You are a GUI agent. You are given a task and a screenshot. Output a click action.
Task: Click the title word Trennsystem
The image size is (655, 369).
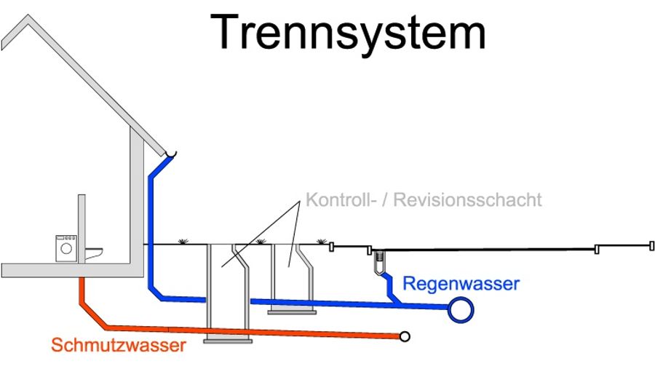(x=350, y=33)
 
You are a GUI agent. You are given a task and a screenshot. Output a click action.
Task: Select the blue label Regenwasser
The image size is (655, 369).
(x=461, y=283)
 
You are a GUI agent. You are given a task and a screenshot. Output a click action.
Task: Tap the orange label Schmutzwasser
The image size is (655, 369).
(x=118, y=345)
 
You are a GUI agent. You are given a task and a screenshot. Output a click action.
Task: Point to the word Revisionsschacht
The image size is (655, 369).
(x=467, y=199)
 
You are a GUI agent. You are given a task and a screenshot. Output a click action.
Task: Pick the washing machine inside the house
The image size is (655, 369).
(x=66, y=247)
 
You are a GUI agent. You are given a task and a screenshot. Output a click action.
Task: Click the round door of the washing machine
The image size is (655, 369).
(x=66, y=249)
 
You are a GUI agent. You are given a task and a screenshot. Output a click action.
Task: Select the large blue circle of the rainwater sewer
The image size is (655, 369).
(x=461, y=309)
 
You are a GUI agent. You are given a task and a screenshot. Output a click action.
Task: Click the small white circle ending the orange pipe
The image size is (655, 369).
(x=405, y=336)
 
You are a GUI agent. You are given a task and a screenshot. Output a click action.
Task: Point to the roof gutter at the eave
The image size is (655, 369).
(x=170, y=154)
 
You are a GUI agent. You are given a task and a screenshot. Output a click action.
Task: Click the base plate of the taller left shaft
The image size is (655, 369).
(x=227, y=338)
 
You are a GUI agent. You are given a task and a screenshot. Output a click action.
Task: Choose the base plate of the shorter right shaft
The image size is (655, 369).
(x=292, y=312)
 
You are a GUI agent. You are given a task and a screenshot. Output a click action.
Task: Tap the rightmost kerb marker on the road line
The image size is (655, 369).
(x=650, y=245)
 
